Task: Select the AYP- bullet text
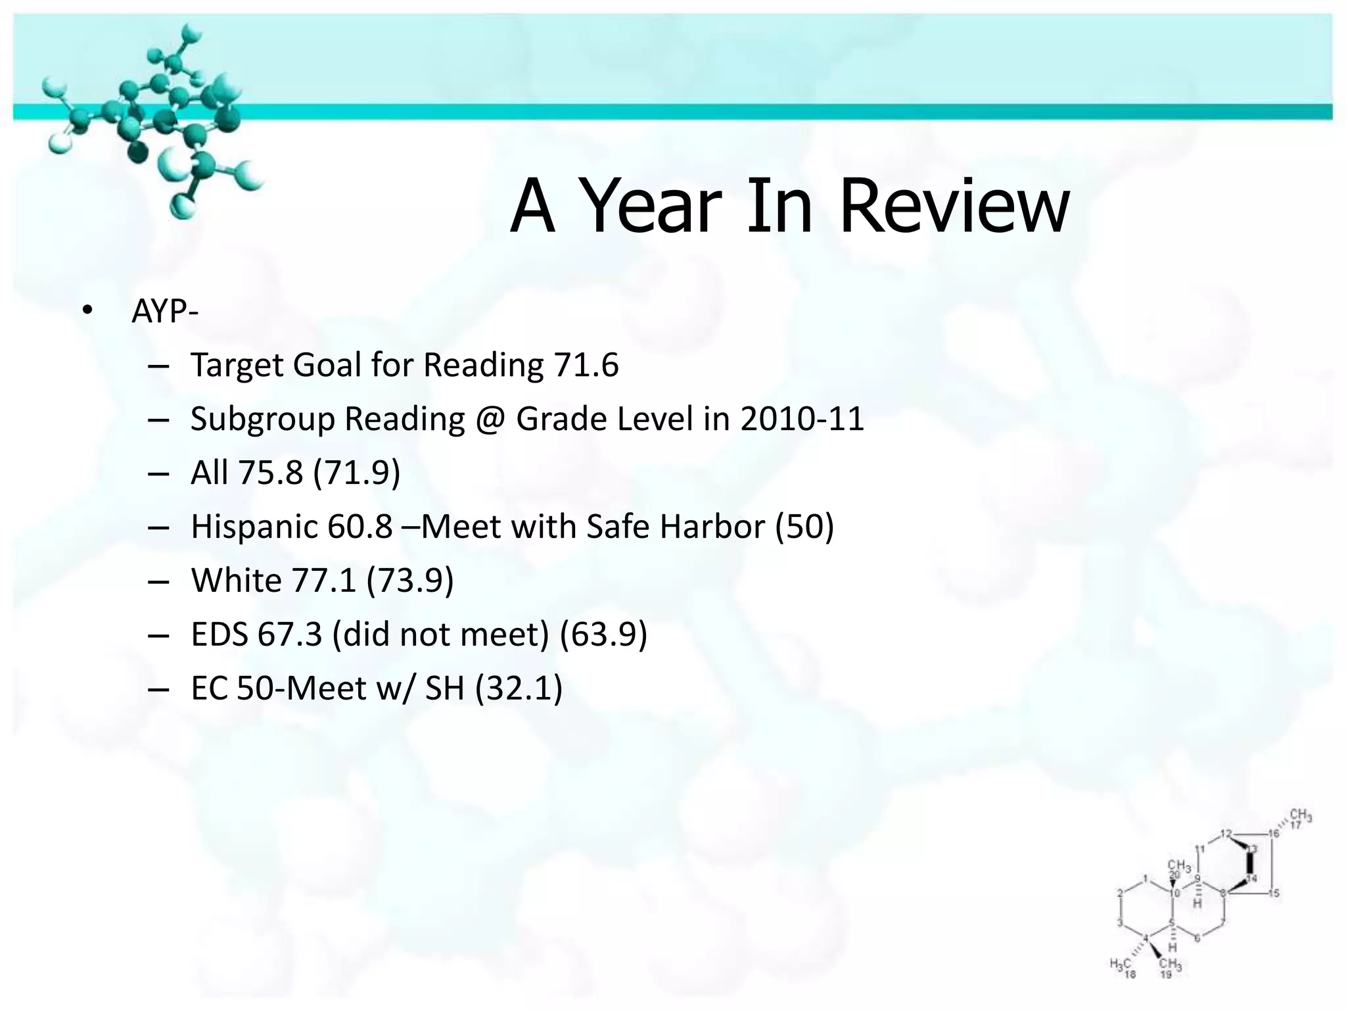point(164,312)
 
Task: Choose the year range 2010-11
point(802,419)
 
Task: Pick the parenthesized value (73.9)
point(410,581)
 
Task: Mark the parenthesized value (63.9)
point(603,635)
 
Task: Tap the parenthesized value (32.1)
point(519,688)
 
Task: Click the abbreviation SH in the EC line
point(444,688)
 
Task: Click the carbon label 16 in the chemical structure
point(1274,834)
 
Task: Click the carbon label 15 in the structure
point(1274,892)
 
